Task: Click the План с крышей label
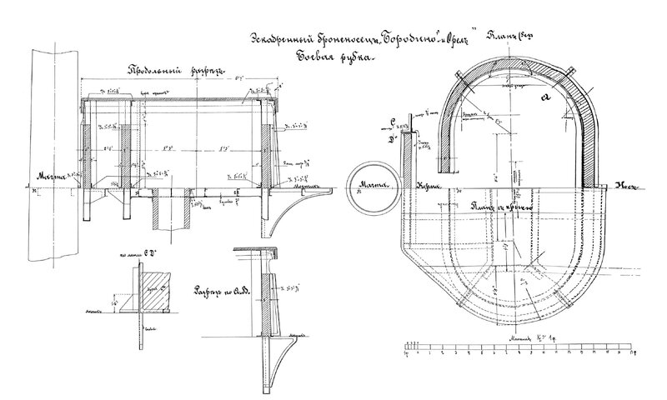click(x=499, y=207)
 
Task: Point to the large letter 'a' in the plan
click(x=547, y=98)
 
